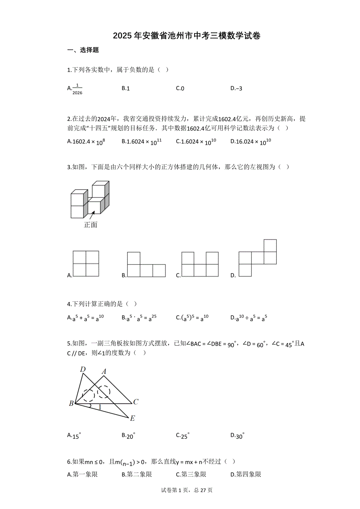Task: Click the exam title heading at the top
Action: pos(187,36)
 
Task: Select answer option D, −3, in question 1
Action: pos(236,88)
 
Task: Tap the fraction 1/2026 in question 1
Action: pos(77,89)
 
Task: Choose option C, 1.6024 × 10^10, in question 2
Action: pos(196,141)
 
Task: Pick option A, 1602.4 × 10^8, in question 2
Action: pos(86,141)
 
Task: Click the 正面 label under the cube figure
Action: pos(91,225)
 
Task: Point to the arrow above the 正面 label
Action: pos(91,214)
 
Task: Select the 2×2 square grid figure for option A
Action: pos(86,264)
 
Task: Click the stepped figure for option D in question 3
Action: pos(257,258)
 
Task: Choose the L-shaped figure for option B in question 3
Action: pos(146,265)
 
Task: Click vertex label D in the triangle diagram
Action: pos(83,369)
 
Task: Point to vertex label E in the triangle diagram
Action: pos(132,418)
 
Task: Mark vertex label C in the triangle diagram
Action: pos(135,401)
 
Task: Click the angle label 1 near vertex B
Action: pos(99,407)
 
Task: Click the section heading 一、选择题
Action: pos(83,50)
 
